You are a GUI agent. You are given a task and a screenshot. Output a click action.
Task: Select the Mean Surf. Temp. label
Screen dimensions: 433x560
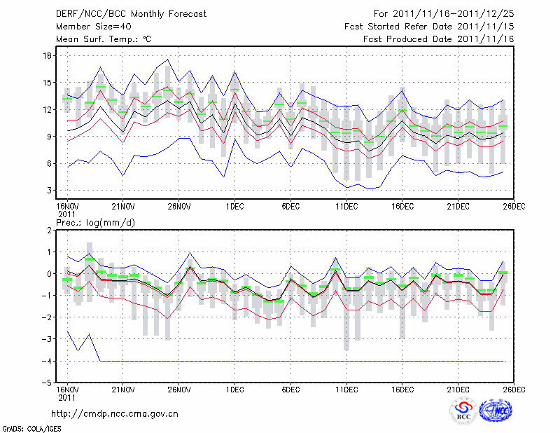(104, 39)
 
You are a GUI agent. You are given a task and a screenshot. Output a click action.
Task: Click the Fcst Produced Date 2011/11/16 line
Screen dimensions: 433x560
(439, 39)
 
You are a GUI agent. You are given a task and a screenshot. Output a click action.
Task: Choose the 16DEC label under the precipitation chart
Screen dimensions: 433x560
(402, 389)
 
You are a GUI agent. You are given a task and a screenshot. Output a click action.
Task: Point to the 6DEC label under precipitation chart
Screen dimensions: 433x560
(290, 389)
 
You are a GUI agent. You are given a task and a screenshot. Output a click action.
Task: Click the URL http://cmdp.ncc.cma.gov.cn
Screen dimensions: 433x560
(115, 414)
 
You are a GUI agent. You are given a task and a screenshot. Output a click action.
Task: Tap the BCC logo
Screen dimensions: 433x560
(463, 411)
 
